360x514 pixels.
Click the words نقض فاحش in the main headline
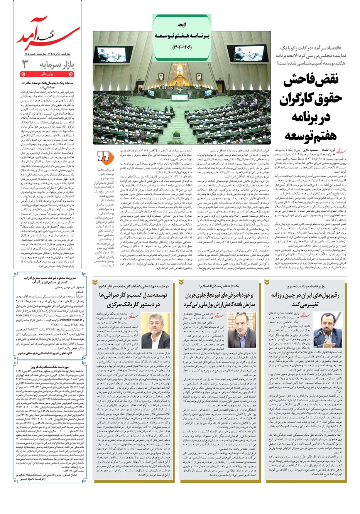pyautogui.click(x=311, y=79)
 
